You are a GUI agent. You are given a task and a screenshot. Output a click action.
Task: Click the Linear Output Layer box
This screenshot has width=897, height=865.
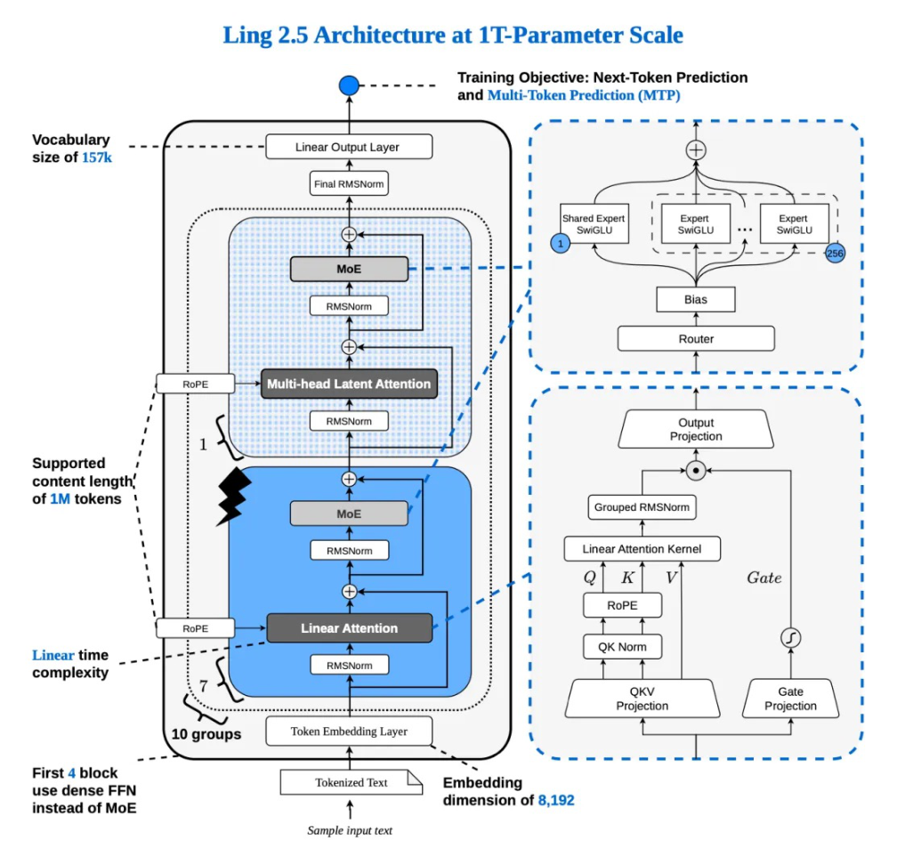pos(349,147)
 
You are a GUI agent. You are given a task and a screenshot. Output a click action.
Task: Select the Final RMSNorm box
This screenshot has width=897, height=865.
pos(349,183)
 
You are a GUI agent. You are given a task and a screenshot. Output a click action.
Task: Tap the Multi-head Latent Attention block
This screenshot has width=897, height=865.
pos(349,384)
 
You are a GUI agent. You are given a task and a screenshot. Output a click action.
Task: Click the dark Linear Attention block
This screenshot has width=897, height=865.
pos(350,628)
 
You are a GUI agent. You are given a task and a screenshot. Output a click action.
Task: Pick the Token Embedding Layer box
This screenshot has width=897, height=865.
pos(349,732)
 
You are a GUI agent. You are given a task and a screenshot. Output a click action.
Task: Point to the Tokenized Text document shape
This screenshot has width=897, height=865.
pos(352,782)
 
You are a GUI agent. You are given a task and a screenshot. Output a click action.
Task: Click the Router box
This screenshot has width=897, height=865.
pos(696,339)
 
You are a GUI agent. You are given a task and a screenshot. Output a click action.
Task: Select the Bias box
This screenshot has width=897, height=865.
pos(696,299)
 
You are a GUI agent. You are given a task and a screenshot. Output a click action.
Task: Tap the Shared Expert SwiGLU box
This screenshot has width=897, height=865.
pos(594,223)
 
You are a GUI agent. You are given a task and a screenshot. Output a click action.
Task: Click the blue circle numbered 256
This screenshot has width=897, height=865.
pos(835,254)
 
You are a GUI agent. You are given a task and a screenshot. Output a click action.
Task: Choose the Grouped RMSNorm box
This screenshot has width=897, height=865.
pos(642,507)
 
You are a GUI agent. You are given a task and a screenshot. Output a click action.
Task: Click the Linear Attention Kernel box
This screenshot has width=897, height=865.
pos(642,548)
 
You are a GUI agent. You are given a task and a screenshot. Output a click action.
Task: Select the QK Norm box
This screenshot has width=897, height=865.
pos(622,647)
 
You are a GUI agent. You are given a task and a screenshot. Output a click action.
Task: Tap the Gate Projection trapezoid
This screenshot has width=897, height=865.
pos(790,699)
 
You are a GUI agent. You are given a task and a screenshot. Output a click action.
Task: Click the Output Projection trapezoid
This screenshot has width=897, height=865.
pos(696,429)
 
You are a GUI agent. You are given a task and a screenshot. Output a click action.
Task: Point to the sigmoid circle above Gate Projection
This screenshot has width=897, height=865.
pos(790,638)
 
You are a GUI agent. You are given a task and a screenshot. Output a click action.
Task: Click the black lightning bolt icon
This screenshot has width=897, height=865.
pos(234,497)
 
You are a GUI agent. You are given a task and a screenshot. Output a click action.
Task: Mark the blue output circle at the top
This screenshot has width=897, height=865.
pos(349,85)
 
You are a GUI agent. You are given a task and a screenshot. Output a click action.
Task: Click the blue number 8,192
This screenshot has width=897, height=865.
pos(556,800)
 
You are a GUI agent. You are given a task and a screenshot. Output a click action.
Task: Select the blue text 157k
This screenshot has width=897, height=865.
pos(97,158)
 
